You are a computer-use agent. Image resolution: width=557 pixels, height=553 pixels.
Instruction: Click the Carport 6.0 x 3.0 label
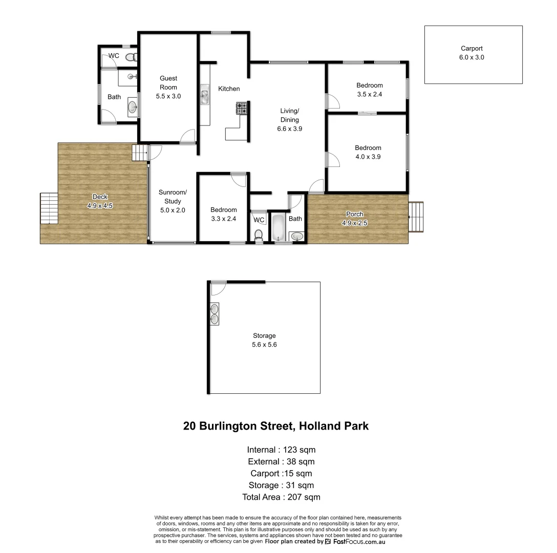pyautogui.click(x=472, y=53)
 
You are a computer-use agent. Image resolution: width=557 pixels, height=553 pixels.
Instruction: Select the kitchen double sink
pyautogui.click(x=205, y=96)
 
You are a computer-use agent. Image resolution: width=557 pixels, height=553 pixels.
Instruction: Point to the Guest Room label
pyautogui.click(x=168, y=87)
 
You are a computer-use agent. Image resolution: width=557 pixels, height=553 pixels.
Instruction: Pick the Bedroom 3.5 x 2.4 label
pyautogui.click(x=370, y=90)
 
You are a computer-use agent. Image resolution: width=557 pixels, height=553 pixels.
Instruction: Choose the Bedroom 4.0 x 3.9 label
pyautogui.click(x=368, y=153)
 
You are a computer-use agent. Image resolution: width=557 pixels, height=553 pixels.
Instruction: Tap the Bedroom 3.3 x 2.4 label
pyautogui.click(x=224, y=214)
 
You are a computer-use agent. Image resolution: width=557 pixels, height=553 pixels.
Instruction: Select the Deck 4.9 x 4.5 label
pyautogui.click(x=99, y=201)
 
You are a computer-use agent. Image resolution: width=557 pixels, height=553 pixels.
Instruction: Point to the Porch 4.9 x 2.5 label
pyautogui.click(x=355, y=218)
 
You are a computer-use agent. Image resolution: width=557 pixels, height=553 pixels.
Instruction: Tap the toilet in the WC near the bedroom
pyautogui.click(x=259, y=235)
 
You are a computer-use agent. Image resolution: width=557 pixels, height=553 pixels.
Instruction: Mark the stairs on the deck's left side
pyautogui.click(x=49, y=208)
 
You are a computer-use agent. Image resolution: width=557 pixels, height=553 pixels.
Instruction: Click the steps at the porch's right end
pyautogui.click(x=416, y=217)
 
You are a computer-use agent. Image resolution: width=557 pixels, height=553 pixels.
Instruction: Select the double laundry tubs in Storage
pyautogui.click(x=215, y=313)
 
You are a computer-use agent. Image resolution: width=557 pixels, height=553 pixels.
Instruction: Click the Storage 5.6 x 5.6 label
pyautogui.click(x=264, y=341)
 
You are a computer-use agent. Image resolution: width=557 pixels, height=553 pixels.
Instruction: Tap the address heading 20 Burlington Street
pyautogui.click(x=276, y=426)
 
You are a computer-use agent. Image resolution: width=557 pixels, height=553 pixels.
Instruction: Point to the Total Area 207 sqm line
pyautogui.click(x=281, y=497)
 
